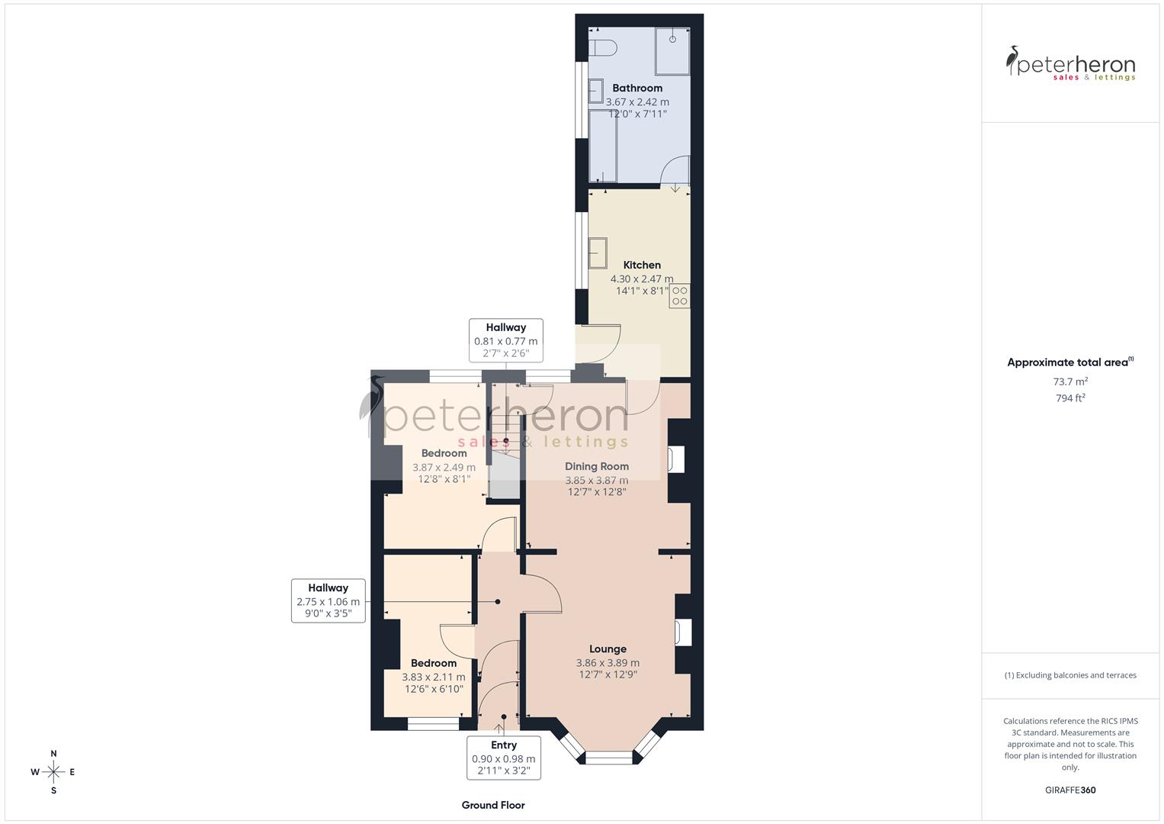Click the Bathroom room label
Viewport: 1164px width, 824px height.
(x=637, y=89)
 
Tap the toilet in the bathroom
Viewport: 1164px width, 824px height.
(x=603, y=47)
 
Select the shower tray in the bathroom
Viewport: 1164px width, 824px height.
(x=672, y=51)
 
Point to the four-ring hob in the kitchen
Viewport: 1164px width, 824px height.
(x=679, y=296)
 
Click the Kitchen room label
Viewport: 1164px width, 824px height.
(x=642, y=266)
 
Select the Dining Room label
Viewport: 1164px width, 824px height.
(x=597, y=466)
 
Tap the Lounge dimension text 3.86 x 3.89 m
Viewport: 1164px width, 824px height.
(x=608, y=663)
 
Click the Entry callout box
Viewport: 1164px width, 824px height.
(x=504, y=757)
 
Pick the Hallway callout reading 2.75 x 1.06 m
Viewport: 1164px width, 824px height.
(x=329, y=600)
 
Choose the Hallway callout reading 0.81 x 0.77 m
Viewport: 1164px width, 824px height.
(x=506, y=340)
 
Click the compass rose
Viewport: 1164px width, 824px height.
(x=53, y=772)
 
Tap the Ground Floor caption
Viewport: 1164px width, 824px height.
(x=493, y=805)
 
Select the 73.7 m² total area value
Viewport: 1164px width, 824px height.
(x=1070, y=381)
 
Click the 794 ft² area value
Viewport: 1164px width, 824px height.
(x=1070, y=398)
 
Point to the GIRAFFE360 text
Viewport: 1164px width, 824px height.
(x=1070, y=790)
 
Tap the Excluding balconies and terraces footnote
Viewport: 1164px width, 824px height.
(x=1070, y=675)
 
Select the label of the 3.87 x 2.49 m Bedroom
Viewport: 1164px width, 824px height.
(x=444, y=453)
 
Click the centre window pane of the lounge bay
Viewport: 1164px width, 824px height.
(x=608, y=757)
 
